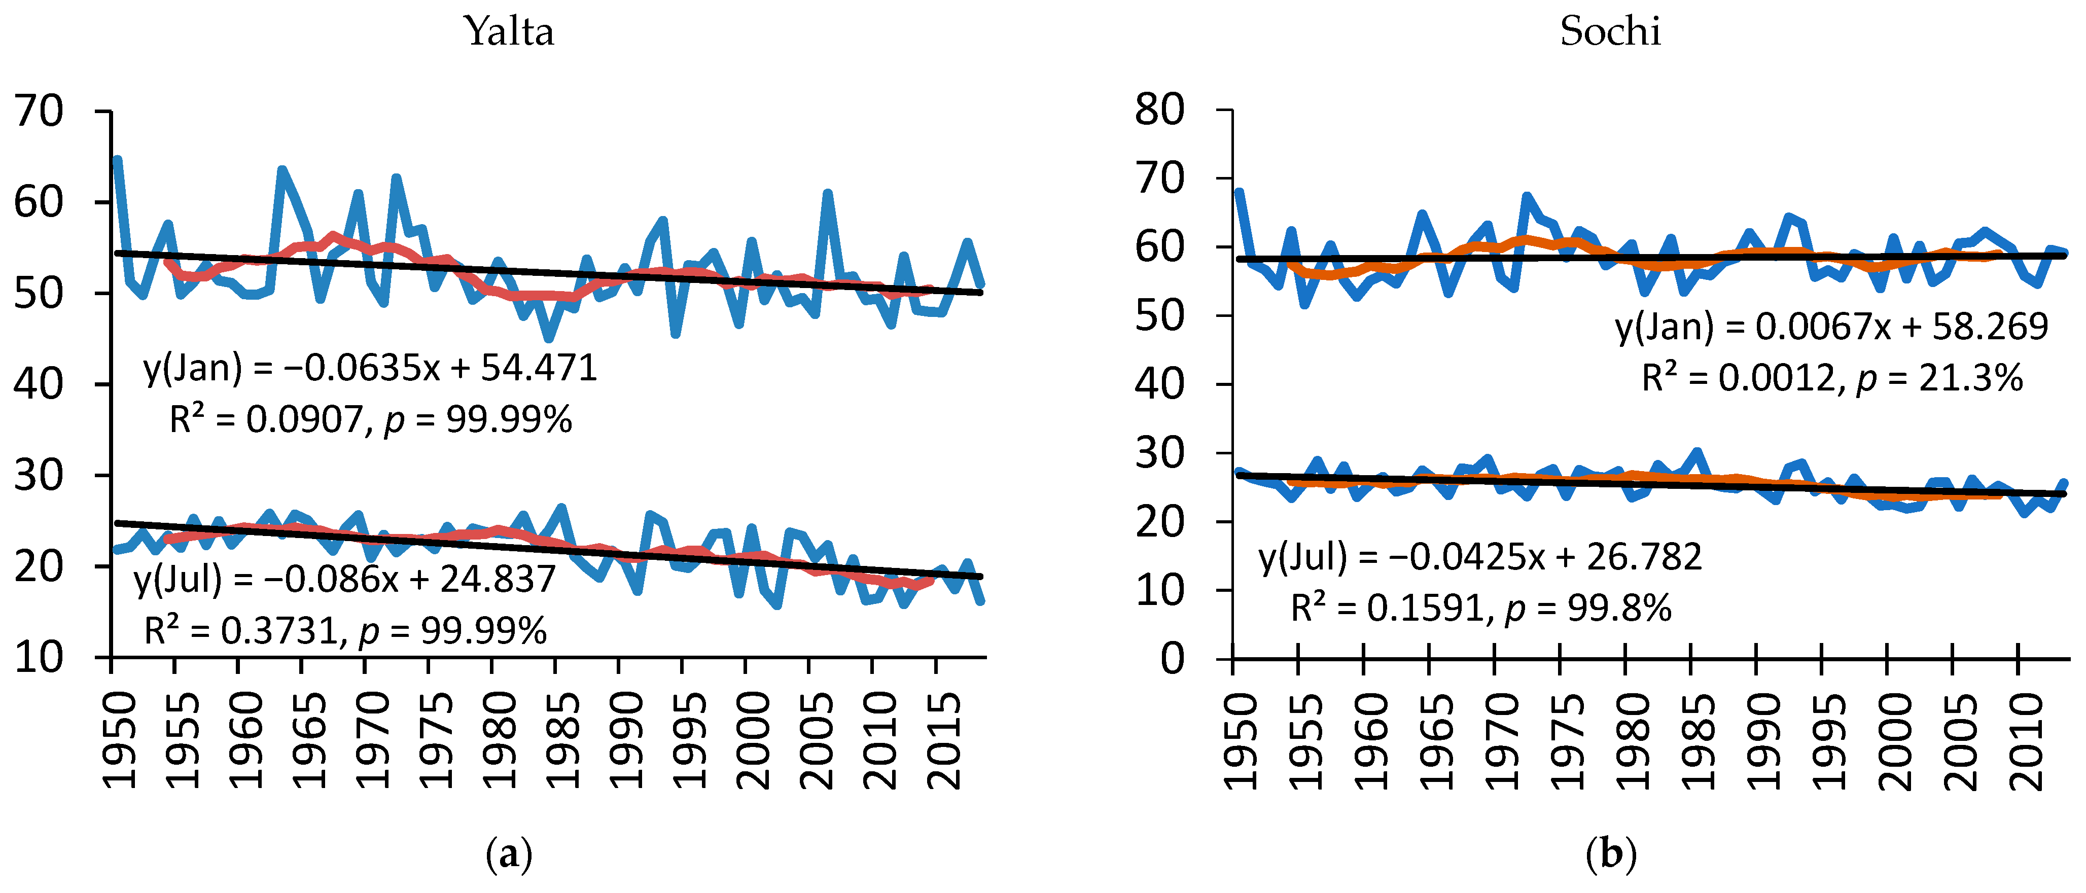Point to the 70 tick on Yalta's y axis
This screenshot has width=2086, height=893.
[38, 111]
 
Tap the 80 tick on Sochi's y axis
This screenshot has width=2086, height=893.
[1159, 110]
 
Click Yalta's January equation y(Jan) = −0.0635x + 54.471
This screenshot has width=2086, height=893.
[370, 368]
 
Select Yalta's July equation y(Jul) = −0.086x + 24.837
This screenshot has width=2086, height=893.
[345, 579]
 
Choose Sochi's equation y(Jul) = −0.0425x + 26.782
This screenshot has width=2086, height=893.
[1480, 557]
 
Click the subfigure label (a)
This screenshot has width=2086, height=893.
[509, 854]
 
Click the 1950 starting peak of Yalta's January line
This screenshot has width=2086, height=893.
[118, 160]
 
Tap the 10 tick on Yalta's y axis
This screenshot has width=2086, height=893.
[38, 657]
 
